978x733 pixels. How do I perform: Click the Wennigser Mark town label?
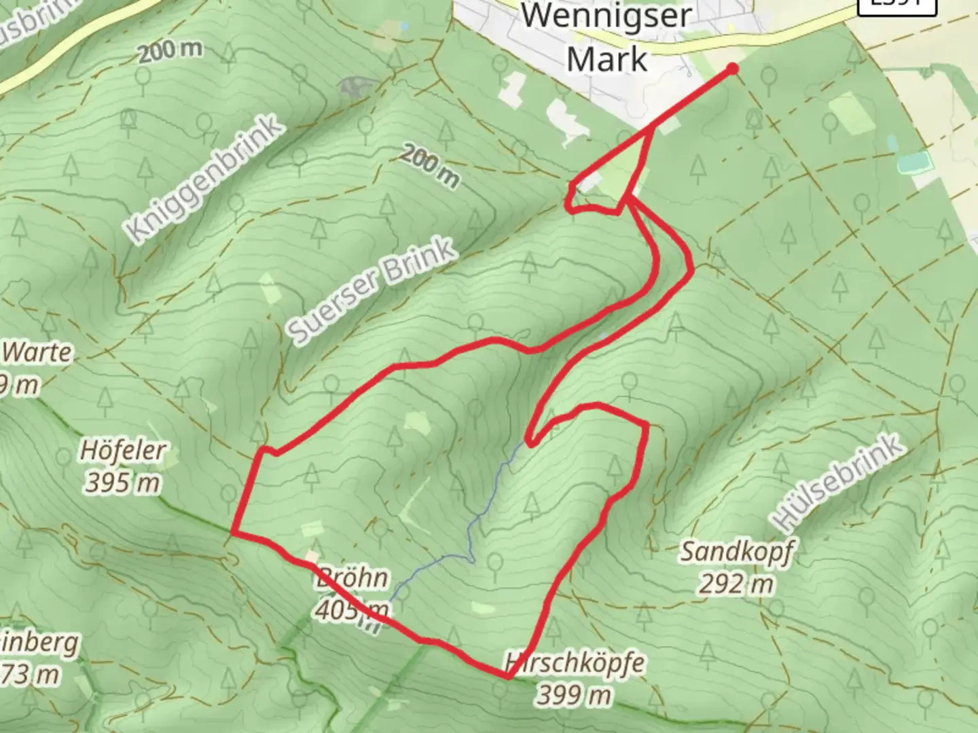tap(606, 37)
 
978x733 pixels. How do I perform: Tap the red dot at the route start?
tap(733, 68)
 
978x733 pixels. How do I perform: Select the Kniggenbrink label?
tap(203, 178)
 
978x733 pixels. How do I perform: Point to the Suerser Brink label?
tap(371, 290)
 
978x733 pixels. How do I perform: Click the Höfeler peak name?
tap(123, 450)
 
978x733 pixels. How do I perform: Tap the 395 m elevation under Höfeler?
tap(123, 483)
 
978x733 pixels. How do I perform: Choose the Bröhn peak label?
tap(352, 578)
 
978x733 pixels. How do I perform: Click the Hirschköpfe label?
tap(575, 662)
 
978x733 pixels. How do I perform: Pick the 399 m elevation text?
tap(575, 694)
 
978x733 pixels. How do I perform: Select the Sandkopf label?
tap(737, 552)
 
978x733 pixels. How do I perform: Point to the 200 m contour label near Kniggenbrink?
tap(170, 51)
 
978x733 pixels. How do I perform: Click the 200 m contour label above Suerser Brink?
tap(429, 166)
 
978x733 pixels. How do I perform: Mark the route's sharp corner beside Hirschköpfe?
tap(509, 677)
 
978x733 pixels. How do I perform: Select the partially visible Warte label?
tap(37, 352)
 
